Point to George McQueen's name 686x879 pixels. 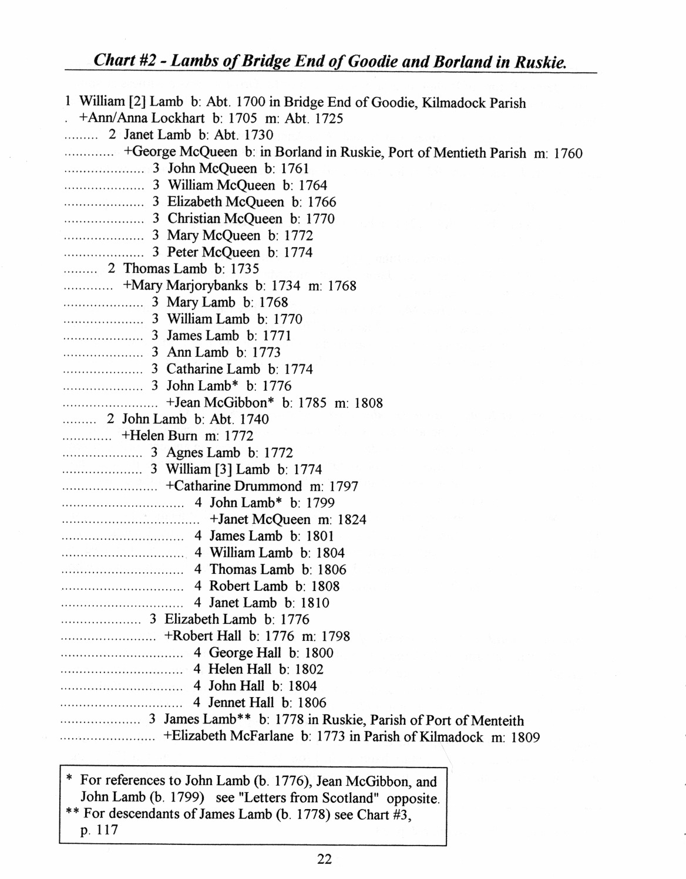pos(180,152)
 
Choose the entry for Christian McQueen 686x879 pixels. pos(225,219)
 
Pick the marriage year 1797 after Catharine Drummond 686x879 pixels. pos(344,486)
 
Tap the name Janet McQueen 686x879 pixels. pos(260,519)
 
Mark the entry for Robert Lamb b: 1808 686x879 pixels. pos(274,586)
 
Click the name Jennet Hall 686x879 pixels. pos(241,702)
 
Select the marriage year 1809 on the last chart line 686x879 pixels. pos(525,738)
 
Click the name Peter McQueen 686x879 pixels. pos(213,252)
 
